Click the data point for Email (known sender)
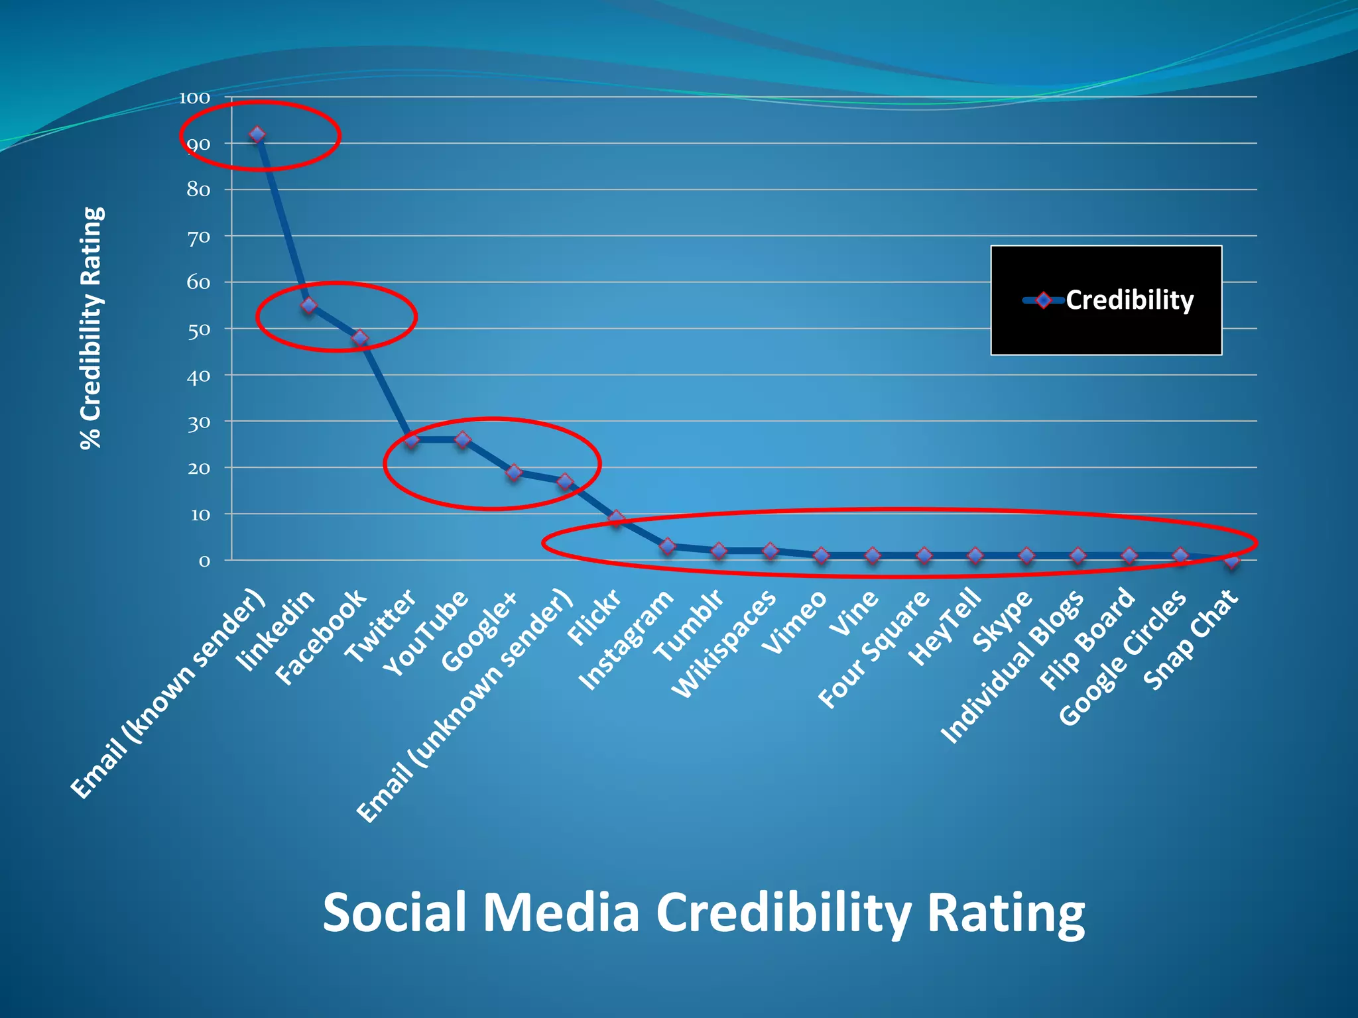(x=257, y=135)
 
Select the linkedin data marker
(x=309, y=306)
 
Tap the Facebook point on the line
(x=360, y=338)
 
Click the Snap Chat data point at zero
(x=1232, y=561)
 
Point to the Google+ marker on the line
(x=514, y=473)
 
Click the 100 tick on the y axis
(x=194, y=98)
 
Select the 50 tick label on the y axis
(x=198, y=330)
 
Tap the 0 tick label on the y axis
(x=204, y=561)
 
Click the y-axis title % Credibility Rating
(x=92, y=327)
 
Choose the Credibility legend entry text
(x=1129, y=300)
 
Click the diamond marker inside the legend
(x=1044, y=300)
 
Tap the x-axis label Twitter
(x=381, y=626)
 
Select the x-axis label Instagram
(x=626, y=640)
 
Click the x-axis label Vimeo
(x=794, y=622)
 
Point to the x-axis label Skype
(x=1003, y=620)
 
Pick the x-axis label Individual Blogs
(x=1013, y=666)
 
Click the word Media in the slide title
(x=561, y=913)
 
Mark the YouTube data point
(x=463, y=439)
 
